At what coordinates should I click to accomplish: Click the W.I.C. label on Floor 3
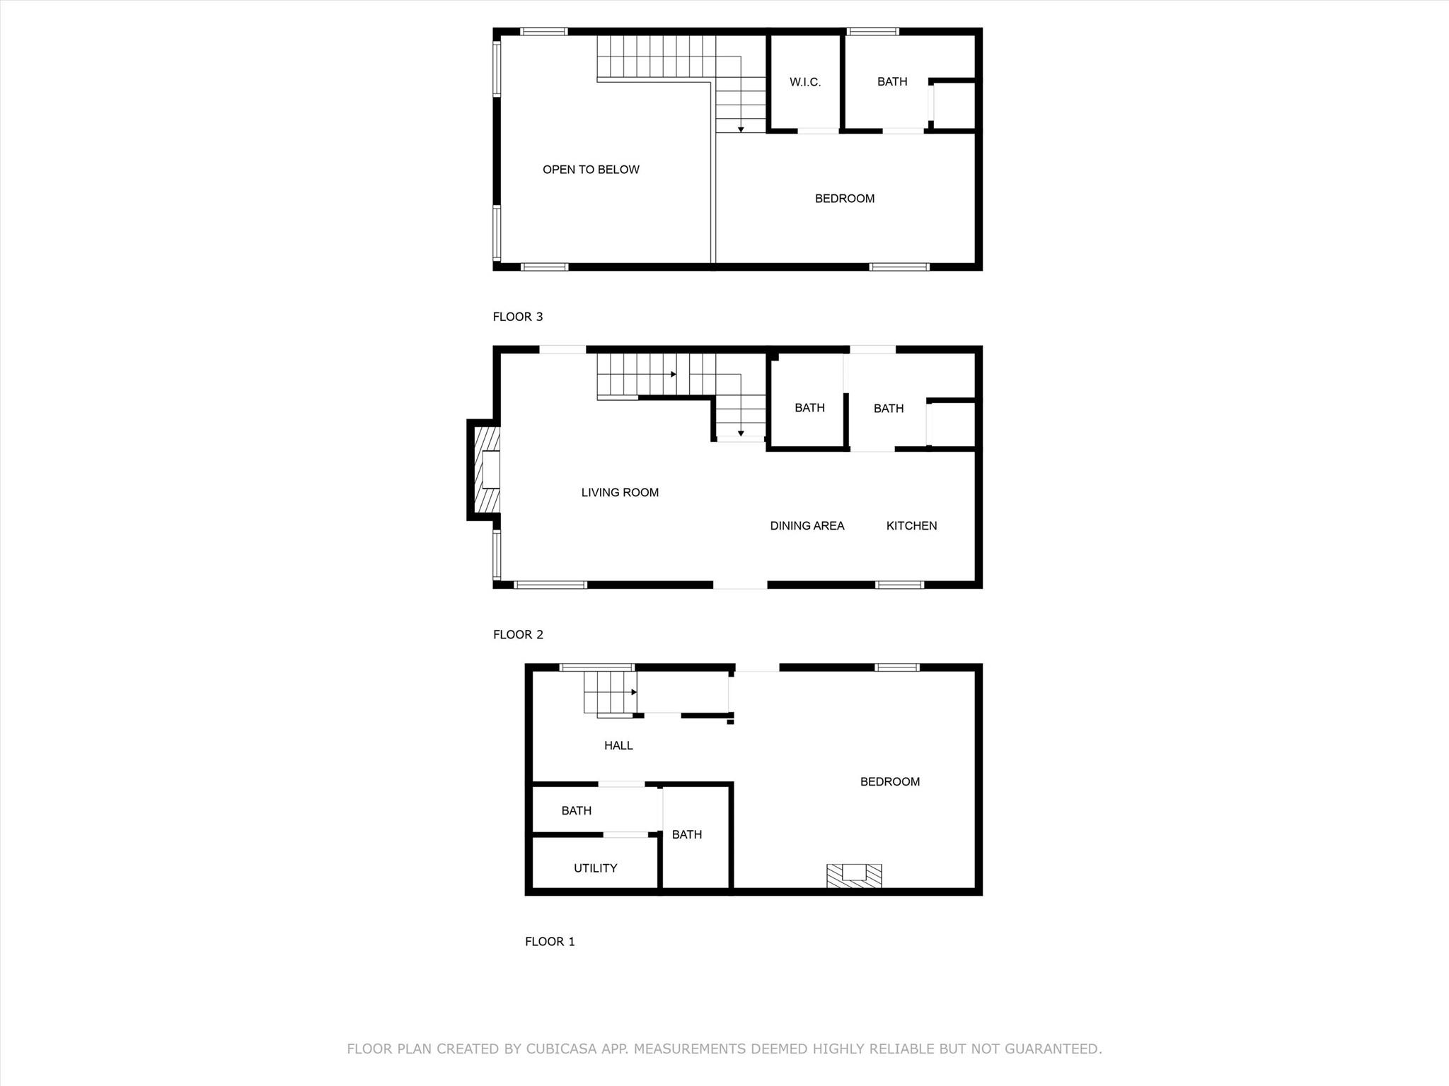(805, 82)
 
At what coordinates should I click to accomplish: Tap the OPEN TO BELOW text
(591, 170)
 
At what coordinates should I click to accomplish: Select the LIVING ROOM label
(620, 493)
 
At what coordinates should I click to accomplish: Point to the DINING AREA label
(807, 526)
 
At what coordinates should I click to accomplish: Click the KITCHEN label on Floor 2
(912, 526)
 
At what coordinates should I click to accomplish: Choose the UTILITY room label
(596, 868)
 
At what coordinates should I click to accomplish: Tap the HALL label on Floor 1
(618, 745)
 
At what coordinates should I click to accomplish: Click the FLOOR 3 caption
(518, 317)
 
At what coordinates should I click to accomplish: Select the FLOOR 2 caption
(519, 635)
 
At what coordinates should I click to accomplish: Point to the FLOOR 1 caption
(550, 942)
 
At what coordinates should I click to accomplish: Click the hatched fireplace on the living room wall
(484, 470)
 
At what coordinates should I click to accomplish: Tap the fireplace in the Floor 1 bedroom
(855, 875)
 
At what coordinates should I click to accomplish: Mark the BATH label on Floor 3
(892, 82)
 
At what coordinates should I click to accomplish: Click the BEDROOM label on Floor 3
(845, 199)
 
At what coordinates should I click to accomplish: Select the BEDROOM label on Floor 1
(890, 782)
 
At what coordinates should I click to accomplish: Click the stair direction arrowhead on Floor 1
(635, 692)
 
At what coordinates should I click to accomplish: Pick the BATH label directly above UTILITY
(577, 811)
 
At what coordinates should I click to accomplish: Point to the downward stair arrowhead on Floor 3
(741, 129)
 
